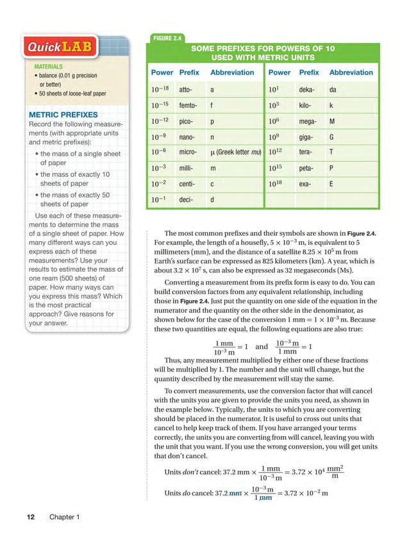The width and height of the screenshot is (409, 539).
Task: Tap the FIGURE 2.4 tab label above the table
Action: (164, 38)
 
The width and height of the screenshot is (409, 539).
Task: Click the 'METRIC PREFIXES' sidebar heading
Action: (63, 115)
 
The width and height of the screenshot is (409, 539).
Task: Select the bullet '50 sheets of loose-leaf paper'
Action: (72, 94)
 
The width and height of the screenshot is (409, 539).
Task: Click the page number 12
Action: (30, 517)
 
